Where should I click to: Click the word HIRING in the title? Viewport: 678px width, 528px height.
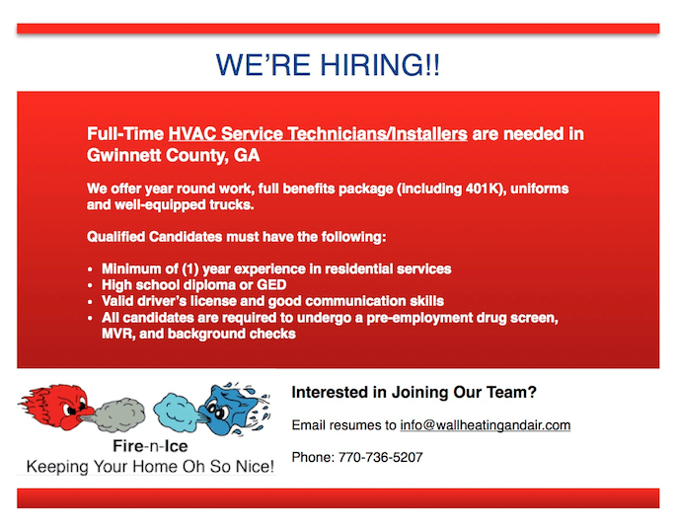(x=380, y=65)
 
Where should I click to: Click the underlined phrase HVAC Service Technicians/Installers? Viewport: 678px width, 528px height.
(x=318, y=134)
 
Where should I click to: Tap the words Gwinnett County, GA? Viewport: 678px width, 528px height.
(x=173, y=155)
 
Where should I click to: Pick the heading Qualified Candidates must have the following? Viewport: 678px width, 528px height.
(x=237, y=237)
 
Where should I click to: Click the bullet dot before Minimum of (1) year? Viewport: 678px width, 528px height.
(x=90, y=269)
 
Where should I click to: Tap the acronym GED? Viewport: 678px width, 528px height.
(x=271, y=285)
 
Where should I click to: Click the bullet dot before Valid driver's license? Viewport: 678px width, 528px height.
(x=90, y=302)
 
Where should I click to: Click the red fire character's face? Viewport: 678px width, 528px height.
(x=73, y=406)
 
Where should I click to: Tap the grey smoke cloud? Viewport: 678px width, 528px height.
(x=119, y=415)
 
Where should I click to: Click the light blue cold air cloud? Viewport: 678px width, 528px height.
(x=178, y=412)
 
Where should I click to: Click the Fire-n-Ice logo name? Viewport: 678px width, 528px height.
(x=150, y=446)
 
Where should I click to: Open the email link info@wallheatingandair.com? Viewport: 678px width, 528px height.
(x=486, y=425)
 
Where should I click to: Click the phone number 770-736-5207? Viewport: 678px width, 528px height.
(x=381, y=457)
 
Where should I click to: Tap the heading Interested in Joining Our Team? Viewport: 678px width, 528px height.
(x=414, y=392)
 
